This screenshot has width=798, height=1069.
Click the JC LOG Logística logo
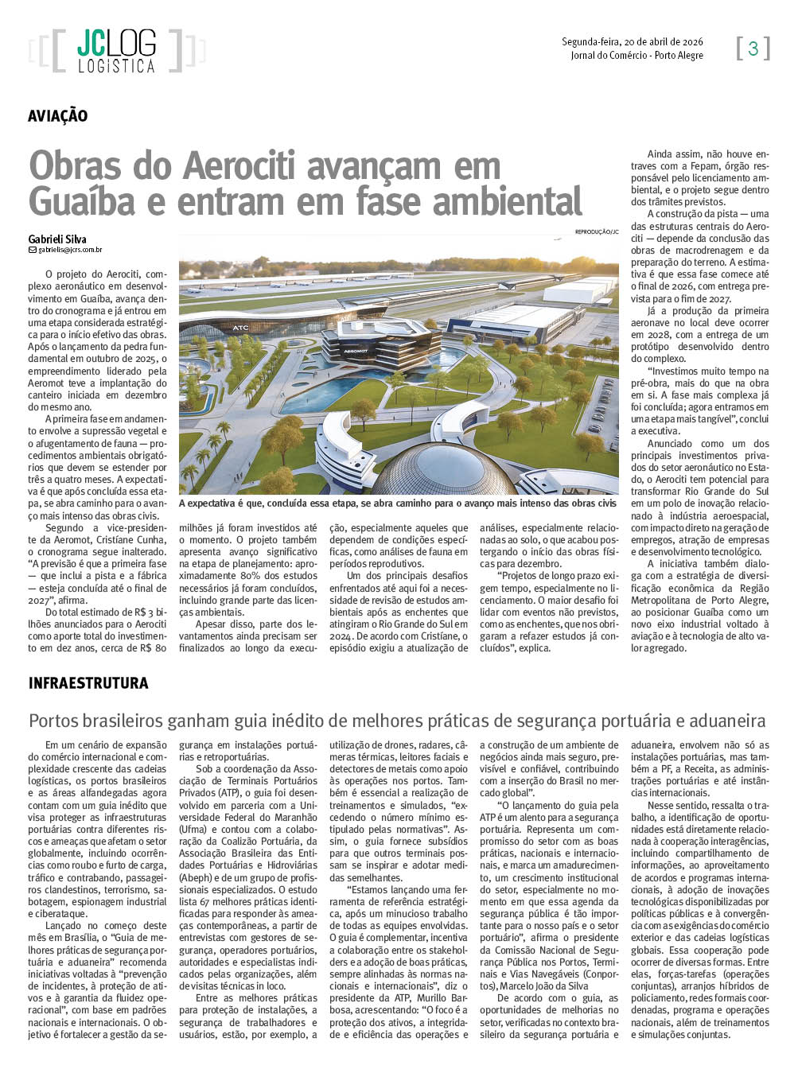[x=116, y=51]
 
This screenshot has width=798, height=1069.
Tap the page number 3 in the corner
[x=753, y=49]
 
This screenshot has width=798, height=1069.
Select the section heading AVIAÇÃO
[x=58, y=116]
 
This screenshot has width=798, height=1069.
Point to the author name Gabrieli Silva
[x=57, y=239]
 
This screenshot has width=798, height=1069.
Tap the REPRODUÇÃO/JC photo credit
[x=596, y=231]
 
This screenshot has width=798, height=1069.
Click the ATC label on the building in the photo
[x=240, y=327]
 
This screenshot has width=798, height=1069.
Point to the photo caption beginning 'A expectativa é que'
[x=398, y=503]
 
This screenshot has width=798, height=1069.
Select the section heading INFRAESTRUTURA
[x=88, y=682]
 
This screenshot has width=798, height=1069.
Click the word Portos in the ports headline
[x=55, y=721]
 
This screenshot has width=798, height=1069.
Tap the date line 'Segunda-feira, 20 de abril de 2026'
[x=632, y=42]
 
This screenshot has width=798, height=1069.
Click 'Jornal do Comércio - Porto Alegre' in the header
[x=636, y=55]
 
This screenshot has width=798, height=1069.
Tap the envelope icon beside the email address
[x=33, y=250]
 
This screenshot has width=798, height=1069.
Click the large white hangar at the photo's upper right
[x=517, y=318]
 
